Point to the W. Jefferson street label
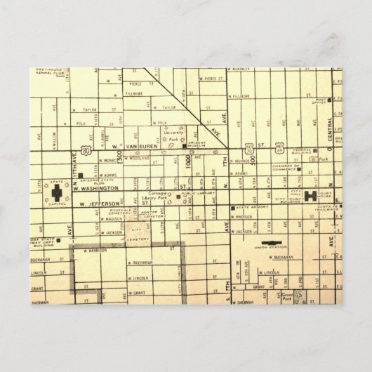(98, 204)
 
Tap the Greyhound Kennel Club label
(47, 72)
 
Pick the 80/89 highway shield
(279, 149)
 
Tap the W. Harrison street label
(94, 250)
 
